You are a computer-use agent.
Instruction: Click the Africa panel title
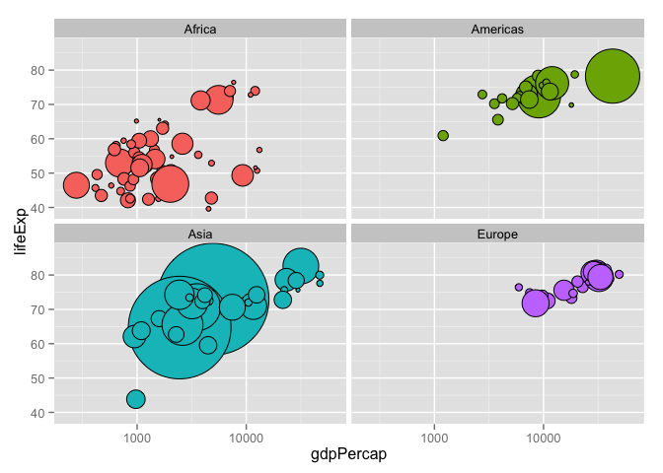click(200, 29)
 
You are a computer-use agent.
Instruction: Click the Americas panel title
click(497, 29)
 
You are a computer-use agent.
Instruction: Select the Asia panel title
click(200, 234)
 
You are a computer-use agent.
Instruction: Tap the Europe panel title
click(497, 234)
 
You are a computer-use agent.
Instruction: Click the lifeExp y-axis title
click(20, 227)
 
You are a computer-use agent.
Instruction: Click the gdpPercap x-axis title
click(348, 454)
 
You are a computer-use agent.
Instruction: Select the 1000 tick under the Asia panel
click(136, 435)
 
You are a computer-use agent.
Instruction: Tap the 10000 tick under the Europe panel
click(544, 435)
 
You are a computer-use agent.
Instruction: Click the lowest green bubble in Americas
click(443, 135)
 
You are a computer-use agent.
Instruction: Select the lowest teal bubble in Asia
click(135, 399)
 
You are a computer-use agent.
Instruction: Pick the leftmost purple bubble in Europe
click(519, 287)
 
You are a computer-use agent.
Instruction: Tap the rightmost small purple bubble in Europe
click(620, 275)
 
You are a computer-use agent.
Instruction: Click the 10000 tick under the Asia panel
click(246, 435)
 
